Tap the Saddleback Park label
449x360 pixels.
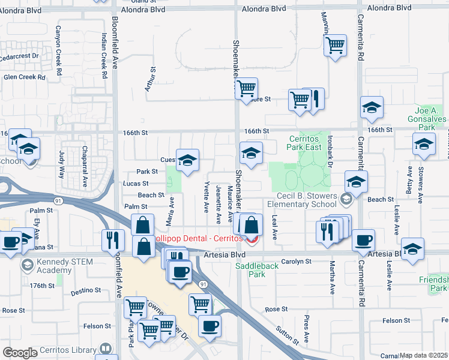pos(265,270)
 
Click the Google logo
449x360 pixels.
pos(19,353)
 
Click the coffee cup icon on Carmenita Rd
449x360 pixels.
pos(363,241)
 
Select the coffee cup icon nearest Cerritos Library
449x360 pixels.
pos(209,326)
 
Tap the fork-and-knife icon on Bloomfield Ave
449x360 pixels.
pos(112,241)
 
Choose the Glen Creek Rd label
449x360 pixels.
pos(24,77)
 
